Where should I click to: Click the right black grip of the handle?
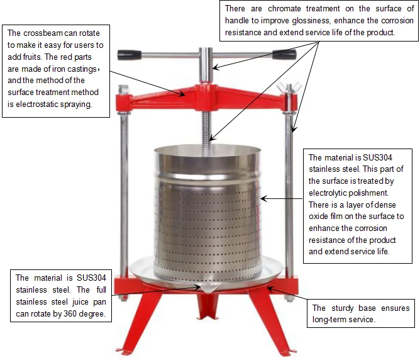click(284, 54)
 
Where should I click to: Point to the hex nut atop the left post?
click(123, 89)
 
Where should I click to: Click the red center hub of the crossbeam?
click(206, 97)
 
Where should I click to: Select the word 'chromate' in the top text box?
click(284, 9)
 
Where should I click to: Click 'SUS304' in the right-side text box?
click(377, 157)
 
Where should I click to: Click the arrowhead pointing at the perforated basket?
click(264, 199)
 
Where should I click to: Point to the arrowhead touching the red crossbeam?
click(182, 93)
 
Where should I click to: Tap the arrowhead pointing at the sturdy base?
click(271, 289)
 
